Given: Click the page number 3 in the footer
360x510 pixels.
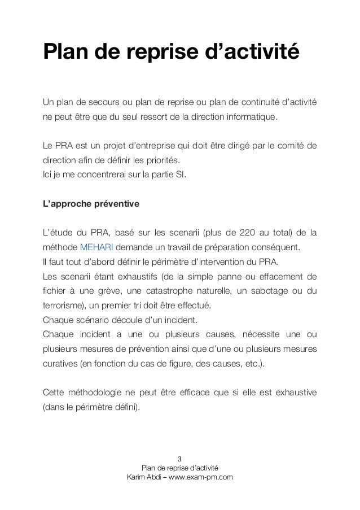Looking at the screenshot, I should tap(179, 458).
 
